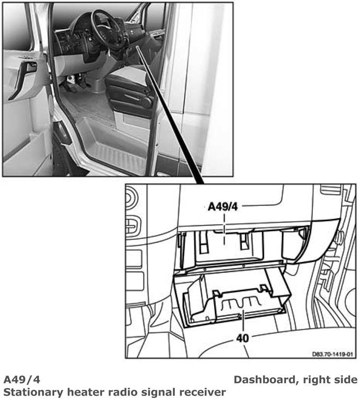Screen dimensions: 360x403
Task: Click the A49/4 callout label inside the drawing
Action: tap(223, 206)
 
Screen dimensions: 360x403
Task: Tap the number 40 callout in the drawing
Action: tap(242, 338)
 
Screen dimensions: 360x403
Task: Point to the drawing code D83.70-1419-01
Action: tap(332, 354)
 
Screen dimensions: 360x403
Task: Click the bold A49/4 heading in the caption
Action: tap(22, 380)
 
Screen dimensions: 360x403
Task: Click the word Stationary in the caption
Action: tap(33, 393)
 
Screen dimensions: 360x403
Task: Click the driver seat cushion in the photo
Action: tap(126, 77)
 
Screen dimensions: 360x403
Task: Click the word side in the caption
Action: tap(345, 380)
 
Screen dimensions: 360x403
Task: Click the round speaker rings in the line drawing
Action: tap(131, 198)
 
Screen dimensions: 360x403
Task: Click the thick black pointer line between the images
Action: tap(169, 115)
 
